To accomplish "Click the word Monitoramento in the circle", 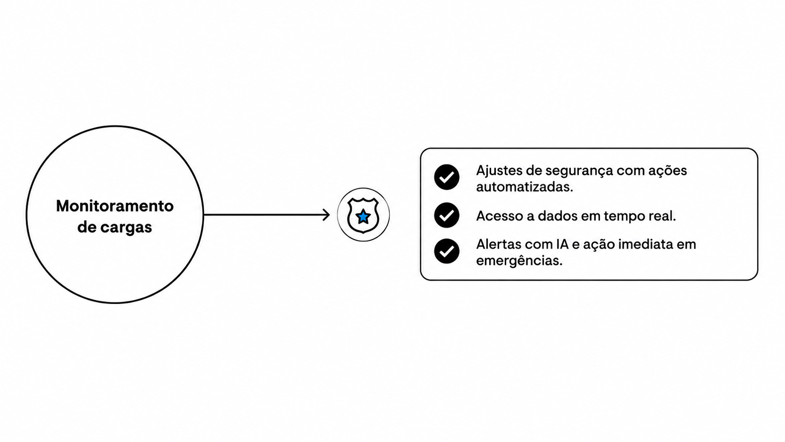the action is pos(115,206).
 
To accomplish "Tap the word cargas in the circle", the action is pos(126,228).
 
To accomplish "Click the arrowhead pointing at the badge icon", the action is pos(326,215).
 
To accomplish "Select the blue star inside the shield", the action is pos(363,217).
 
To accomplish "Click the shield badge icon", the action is pos(363,215).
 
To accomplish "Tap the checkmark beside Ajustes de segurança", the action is pos(446,178).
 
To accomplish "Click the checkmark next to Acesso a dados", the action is pos(446,215).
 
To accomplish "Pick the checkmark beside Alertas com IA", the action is pos(446,251).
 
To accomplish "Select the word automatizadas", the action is pos(524,187).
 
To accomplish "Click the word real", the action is pos(662,216).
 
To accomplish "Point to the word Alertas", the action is pos(498,244).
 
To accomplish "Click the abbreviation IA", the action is pos(562,244).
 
